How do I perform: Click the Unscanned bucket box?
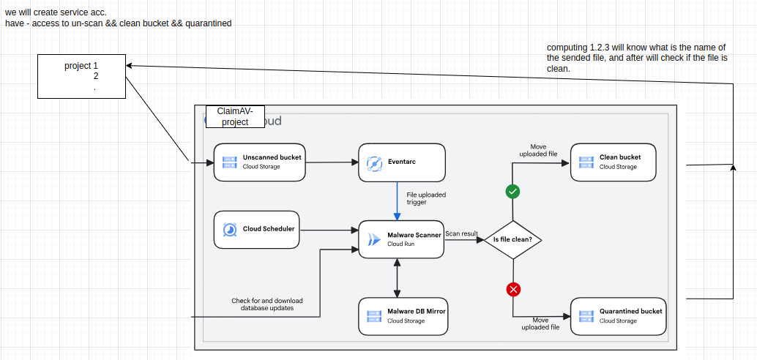pyautogui.click(x=259, y=162)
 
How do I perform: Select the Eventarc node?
pyautogui.click(x=402, y=162)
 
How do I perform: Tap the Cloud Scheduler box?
pyautogui.click(x=257, y=230)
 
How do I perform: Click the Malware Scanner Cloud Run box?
pyautogui.click(x=401, y=239)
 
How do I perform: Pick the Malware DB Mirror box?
pyautogui.click(x=402, y=317)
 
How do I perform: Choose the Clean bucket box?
pyautogui.click(x=614, y=162)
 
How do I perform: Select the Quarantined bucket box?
pyautogui.click(x=619, y=317)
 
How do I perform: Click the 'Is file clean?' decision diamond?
pyautogui.click(x=512, y=240)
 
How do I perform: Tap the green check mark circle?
pyautogui.click(x=512, y=192)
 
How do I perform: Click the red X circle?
pyautogui.click(x=512, y=290)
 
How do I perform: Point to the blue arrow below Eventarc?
pyautogui.click(x=397, y=200)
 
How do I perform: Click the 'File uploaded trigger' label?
pyautogui.click(x=426, y=198)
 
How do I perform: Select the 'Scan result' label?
pyautogui.click(x=461, y=233)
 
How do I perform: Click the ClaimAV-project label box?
pyautogui.click(x=235, y=117)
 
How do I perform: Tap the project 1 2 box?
pyautogui.click(x=81, y=76)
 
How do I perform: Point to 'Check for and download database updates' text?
pyautogui.click(x=267, y=304)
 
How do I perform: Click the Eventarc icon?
pyautogui.click(x=375, y=162)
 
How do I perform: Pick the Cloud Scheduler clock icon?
pyautogui.click(x=230, y=230)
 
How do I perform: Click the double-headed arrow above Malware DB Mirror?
pyautogui.click(x=397, y=278)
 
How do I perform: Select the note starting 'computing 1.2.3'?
pyautogui.click(x=637, y=58)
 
